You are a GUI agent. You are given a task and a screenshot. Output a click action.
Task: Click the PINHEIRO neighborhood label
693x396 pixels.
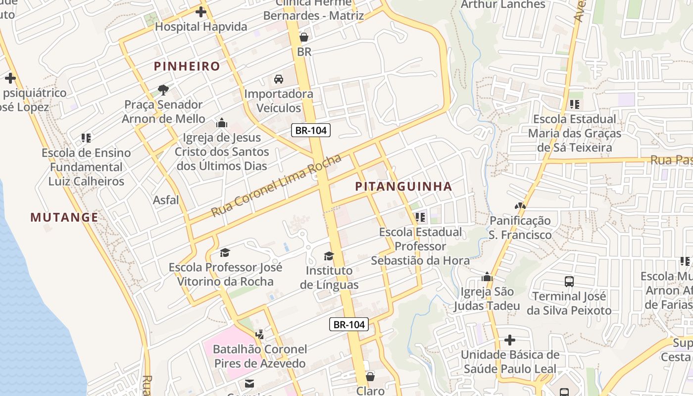click(x=187, y=66)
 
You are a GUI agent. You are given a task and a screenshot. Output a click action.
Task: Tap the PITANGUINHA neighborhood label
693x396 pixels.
click(x=403, y=187)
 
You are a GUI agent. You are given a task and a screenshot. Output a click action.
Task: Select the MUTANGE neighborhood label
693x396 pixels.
click(x=64, y=217)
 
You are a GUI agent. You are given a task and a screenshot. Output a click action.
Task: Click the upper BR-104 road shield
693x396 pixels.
click(x=310, y=131)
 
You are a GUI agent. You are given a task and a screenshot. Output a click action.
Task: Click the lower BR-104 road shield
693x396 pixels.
click(x=349, y=325)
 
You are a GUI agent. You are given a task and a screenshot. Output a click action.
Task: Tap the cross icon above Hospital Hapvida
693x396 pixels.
click(x=201, y=12)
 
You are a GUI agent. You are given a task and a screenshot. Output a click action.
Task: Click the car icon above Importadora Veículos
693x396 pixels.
click(x=279, y=79)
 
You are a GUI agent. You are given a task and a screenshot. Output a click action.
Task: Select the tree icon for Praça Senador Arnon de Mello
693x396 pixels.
click(x=163, y=90)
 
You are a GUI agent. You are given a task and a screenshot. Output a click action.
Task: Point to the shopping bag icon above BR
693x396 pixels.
click(x=304, y=37)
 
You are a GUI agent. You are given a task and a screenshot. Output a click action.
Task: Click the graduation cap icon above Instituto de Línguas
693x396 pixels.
click(x=329, y=256)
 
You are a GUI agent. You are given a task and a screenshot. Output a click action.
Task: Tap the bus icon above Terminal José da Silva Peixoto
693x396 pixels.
click(x=569, y=282)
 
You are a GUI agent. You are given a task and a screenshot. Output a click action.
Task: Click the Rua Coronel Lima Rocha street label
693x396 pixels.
click(x=276, y=186)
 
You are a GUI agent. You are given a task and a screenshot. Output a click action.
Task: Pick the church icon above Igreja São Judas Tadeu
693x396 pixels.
click(x=487, y=277)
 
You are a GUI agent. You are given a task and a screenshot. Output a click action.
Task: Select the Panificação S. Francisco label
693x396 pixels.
click(x=520, y=228)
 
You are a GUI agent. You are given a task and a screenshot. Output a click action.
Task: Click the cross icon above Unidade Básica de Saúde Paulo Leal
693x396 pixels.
click(x=510, y=340)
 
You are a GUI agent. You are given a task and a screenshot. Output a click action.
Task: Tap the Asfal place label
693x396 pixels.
click(x=166, y=200)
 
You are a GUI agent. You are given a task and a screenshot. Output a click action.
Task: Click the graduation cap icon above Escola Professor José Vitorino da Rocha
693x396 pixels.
click(x=225, y=253)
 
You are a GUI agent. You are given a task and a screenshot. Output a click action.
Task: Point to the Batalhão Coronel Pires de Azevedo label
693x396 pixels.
click(x=260, y=356)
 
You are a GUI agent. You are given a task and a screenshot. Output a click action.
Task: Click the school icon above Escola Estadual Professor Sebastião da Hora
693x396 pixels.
click(x=420, y=217)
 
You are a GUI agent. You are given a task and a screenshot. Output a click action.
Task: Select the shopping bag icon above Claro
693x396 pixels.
click(x=370, y=377)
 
